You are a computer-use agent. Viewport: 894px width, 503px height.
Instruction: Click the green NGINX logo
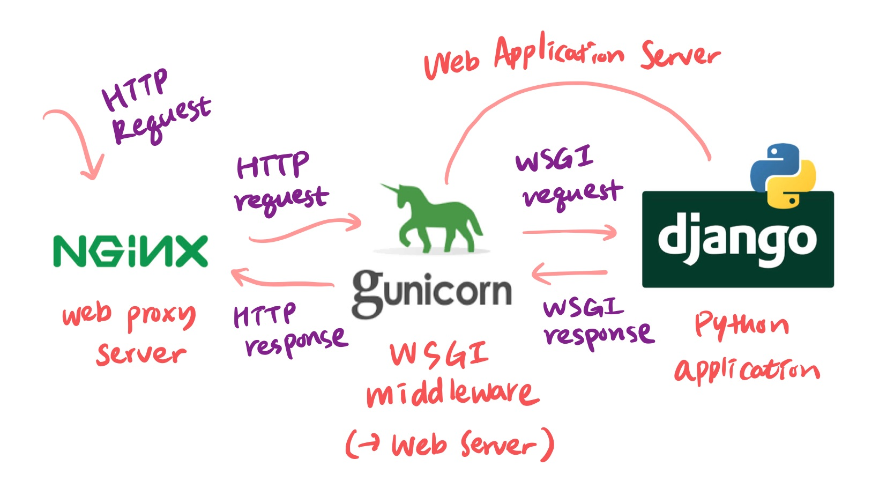(130, 250)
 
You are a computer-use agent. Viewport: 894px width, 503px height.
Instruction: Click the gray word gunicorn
(431, 292)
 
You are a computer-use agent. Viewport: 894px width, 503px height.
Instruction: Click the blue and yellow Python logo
(783, 175)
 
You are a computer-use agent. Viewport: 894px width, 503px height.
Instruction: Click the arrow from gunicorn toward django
(569, 232)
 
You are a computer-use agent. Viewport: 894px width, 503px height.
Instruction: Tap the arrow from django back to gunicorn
(569, 273)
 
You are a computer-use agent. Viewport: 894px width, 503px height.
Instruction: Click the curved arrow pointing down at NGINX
(75, 139)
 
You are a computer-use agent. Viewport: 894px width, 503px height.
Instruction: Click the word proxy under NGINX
(161, 316)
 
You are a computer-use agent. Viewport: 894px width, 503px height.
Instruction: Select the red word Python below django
(741, 324)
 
